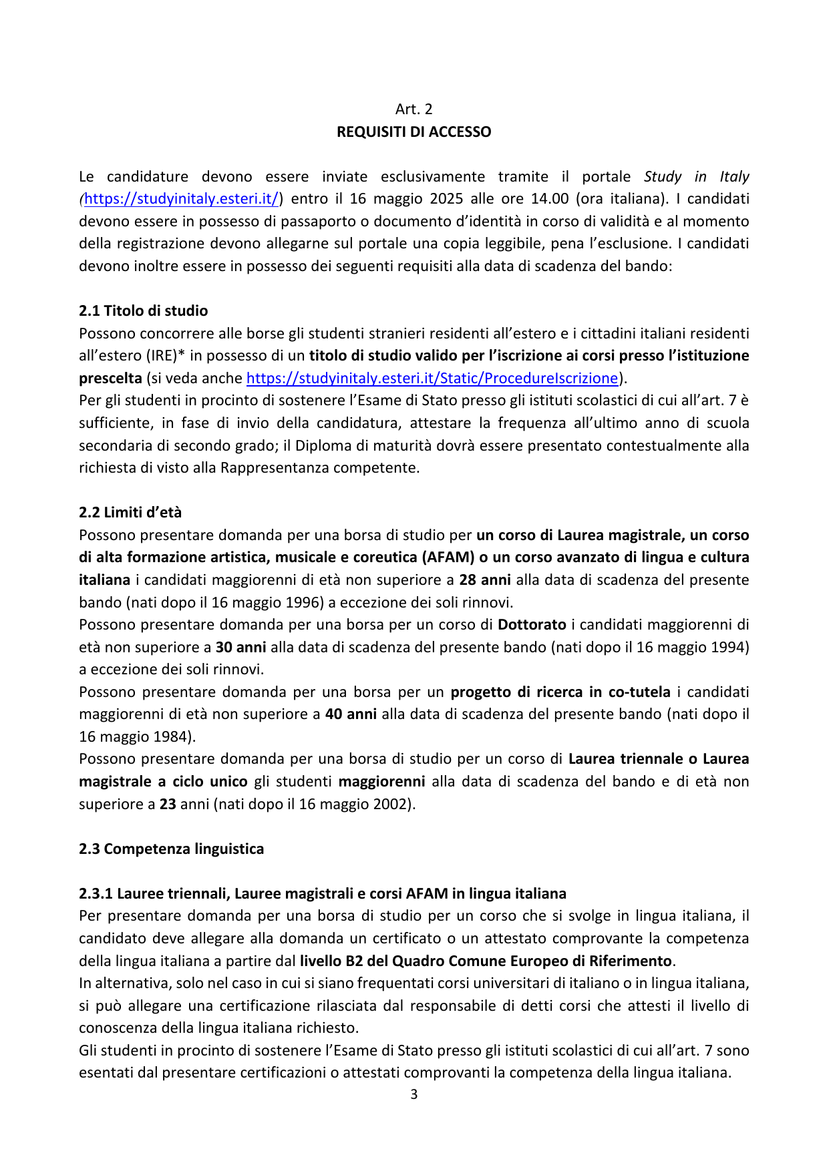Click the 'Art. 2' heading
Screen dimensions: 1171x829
pyautogui.click(x=413, y=109)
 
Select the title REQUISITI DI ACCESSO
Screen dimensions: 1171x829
pyautogui.click(x=413, y=132)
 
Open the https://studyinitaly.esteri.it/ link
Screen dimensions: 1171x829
pyautogui.click(x=182, y=199)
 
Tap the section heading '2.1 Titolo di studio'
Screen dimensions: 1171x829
pyautogui.click(x=143, y=311)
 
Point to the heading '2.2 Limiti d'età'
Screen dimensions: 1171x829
pyautogui.click(x=130, y=513)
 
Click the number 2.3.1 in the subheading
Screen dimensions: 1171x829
pyautogui.click(x=96, y=894)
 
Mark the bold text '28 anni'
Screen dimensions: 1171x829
pyautogui.click(x=485, y=580)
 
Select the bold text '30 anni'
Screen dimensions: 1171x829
pyautogui.click(x=240, y=648)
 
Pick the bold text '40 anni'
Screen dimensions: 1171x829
pyautogui.click(x=351, y=714)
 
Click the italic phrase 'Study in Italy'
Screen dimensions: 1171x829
pyautogui.click(x=696, y=177)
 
